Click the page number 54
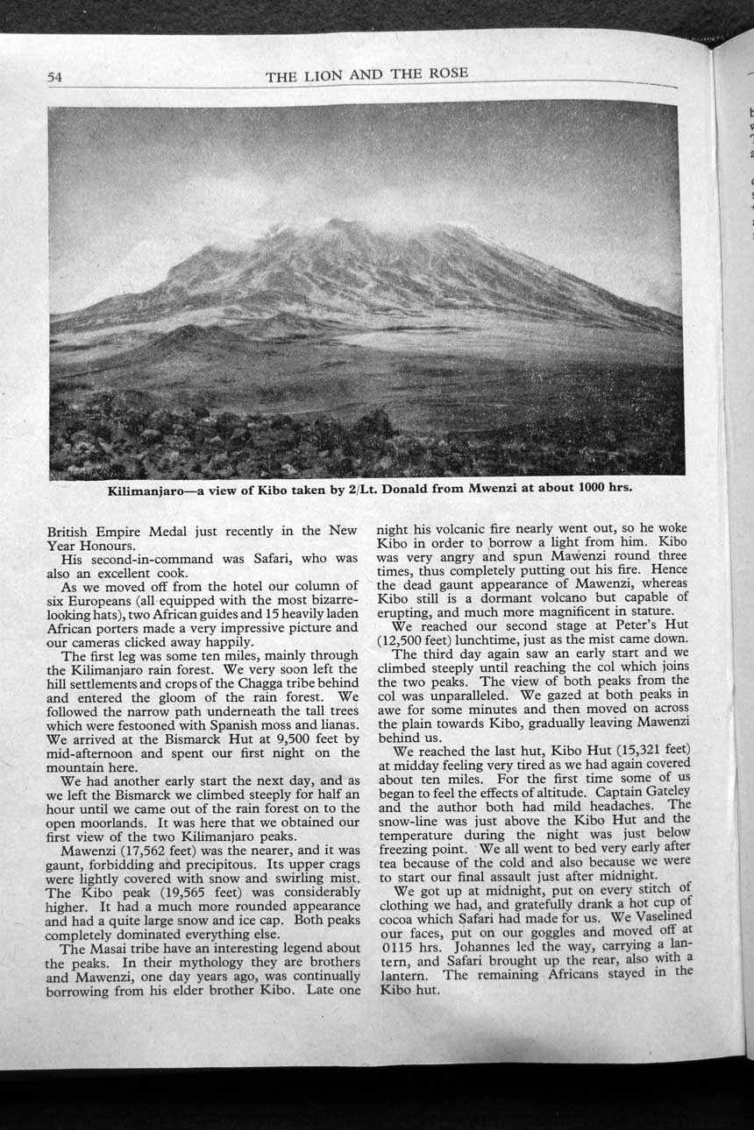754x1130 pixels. tap(55, 77)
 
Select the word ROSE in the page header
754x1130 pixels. tap(447, 74)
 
